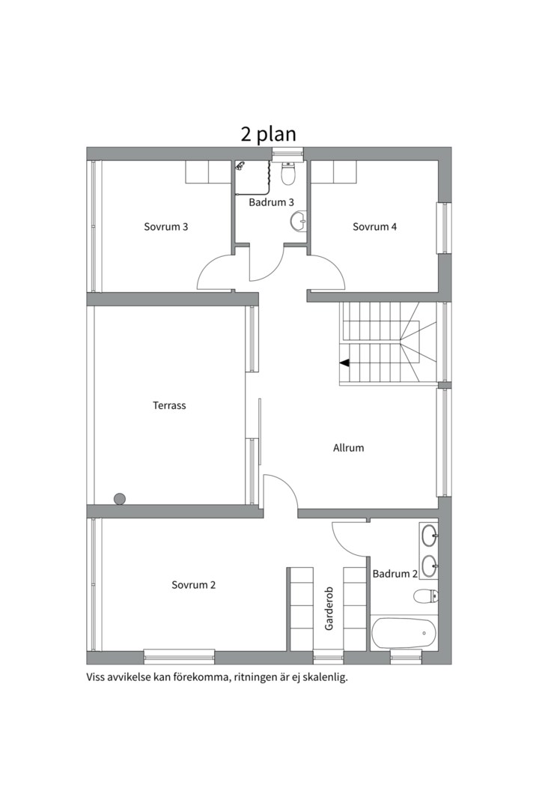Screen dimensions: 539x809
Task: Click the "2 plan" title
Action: click(268, 134)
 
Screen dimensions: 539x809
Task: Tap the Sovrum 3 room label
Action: click(165, 226)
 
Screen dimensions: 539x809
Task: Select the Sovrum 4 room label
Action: click(374, 226)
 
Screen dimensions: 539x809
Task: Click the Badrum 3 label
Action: click(271, 202)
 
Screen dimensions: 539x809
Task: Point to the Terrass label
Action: click(169, 405)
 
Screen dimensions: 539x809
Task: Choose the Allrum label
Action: click(348, 448)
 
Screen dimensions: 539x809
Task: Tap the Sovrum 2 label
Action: click(193, 585)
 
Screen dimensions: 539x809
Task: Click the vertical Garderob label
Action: click(329, 609)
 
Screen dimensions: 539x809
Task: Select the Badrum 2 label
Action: click(395, 574)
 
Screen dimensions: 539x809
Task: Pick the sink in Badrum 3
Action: click(299, 221)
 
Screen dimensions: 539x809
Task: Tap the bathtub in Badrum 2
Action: click(404, 634)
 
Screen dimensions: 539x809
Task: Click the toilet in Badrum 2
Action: click(425, 596)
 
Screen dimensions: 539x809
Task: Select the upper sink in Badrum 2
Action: click(429, 536)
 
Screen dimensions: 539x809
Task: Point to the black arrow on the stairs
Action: click(344, 363)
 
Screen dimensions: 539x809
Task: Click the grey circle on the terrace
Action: click(120, 499)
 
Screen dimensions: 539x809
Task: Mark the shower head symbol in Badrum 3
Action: click(240, 166)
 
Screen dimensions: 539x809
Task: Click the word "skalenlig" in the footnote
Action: click(327, 677)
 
